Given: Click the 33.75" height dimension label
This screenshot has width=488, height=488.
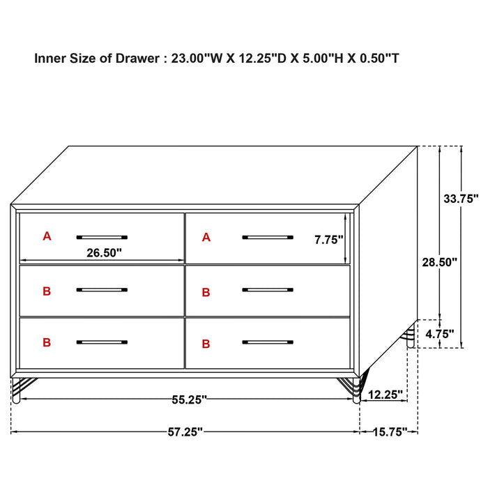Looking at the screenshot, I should (x=461, y=198).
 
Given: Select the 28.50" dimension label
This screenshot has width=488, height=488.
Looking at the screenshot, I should (x=440, y=262).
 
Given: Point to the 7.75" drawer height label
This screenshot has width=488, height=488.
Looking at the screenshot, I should (x=329, y=240).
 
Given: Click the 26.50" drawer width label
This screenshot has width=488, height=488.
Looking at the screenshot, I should (x=105, y=253).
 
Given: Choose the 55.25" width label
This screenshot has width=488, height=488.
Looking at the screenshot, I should (x=188, y=399).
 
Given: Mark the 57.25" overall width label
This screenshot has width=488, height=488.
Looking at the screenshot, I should (x=185, y=432).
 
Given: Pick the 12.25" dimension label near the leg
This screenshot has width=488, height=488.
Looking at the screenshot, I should (x=385, y=395).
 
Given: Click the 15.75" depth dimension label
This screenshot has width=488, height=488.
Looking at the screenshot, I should (x=388, y=432).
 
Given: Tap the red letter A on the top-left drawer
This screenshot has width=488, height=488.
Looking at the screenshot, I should (x=47, y=236).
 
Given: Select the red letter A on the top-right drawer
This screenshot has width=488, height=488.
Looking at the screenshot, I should (x=206, y=238).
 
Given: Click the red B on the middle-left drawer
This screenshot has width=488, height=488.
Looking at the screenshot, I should (x=47, y=291).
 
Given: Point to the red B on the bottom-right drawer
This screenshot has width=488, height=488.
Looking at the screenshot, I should (x=206, y=344).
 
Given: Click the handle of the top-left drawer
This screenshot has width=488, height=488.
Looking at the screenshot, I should (x=102, y=236).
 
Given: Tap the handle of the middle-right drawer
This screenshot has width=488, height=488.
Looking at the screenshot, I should (x=268, y=289).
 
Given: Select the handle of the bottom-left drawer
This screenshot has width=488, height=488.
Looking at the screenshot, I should (x=102, y=342).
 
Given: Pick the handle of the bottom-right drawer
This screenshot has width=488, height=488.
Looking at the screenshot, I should (x=268, y=342).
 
